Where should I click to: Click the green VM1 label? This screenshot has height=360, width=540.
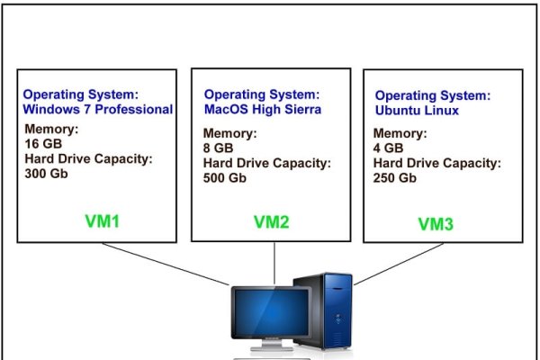click(102, 221)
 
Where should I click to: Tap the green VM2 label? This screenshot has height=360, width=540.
click(272, 222)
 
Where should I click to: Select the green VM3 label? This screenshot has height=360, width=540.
click(436, 224)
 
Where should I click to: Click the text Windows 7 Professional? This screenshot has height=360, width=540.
click(98, 109)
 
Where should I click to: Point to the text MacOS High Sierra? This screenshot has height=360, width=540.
click(263, 109)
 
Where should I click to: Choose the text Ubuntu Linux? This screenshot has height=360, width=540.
click(417, 110)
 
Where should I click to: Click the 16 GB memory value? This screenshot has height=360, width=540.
click(43, 144)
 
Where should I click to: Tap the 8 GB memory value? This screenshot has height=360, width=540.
click(218, 148)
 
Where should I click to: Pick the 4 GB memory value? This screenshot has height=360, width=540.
click(388, 148)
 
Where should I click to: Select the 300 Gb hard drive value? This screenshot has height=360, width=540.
click(46, 174)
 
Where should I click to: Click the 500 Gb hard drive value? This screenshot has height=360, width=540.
click(224, 178)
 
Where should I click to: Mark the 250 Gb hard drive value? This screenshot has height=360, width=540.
click(395, 178)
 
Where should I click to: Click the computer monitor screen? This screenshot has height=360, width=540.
click(272, 311)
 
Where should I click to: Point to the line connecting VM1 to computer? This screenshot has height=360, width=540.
click(166, 265)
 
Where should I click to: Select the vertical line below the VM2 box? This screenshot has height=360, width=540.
click(274, 263)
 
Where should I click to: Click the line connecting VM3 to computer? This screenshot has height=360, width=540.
click(399, 265)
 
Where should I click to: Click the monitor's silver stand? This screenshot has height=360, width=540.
click(272, 345)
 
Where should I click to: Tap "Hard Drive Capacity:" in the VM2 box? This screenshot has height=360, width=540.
click(267, 163)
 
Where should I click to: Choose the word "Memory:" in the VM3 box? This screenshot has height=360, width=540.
click(400, 133)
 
